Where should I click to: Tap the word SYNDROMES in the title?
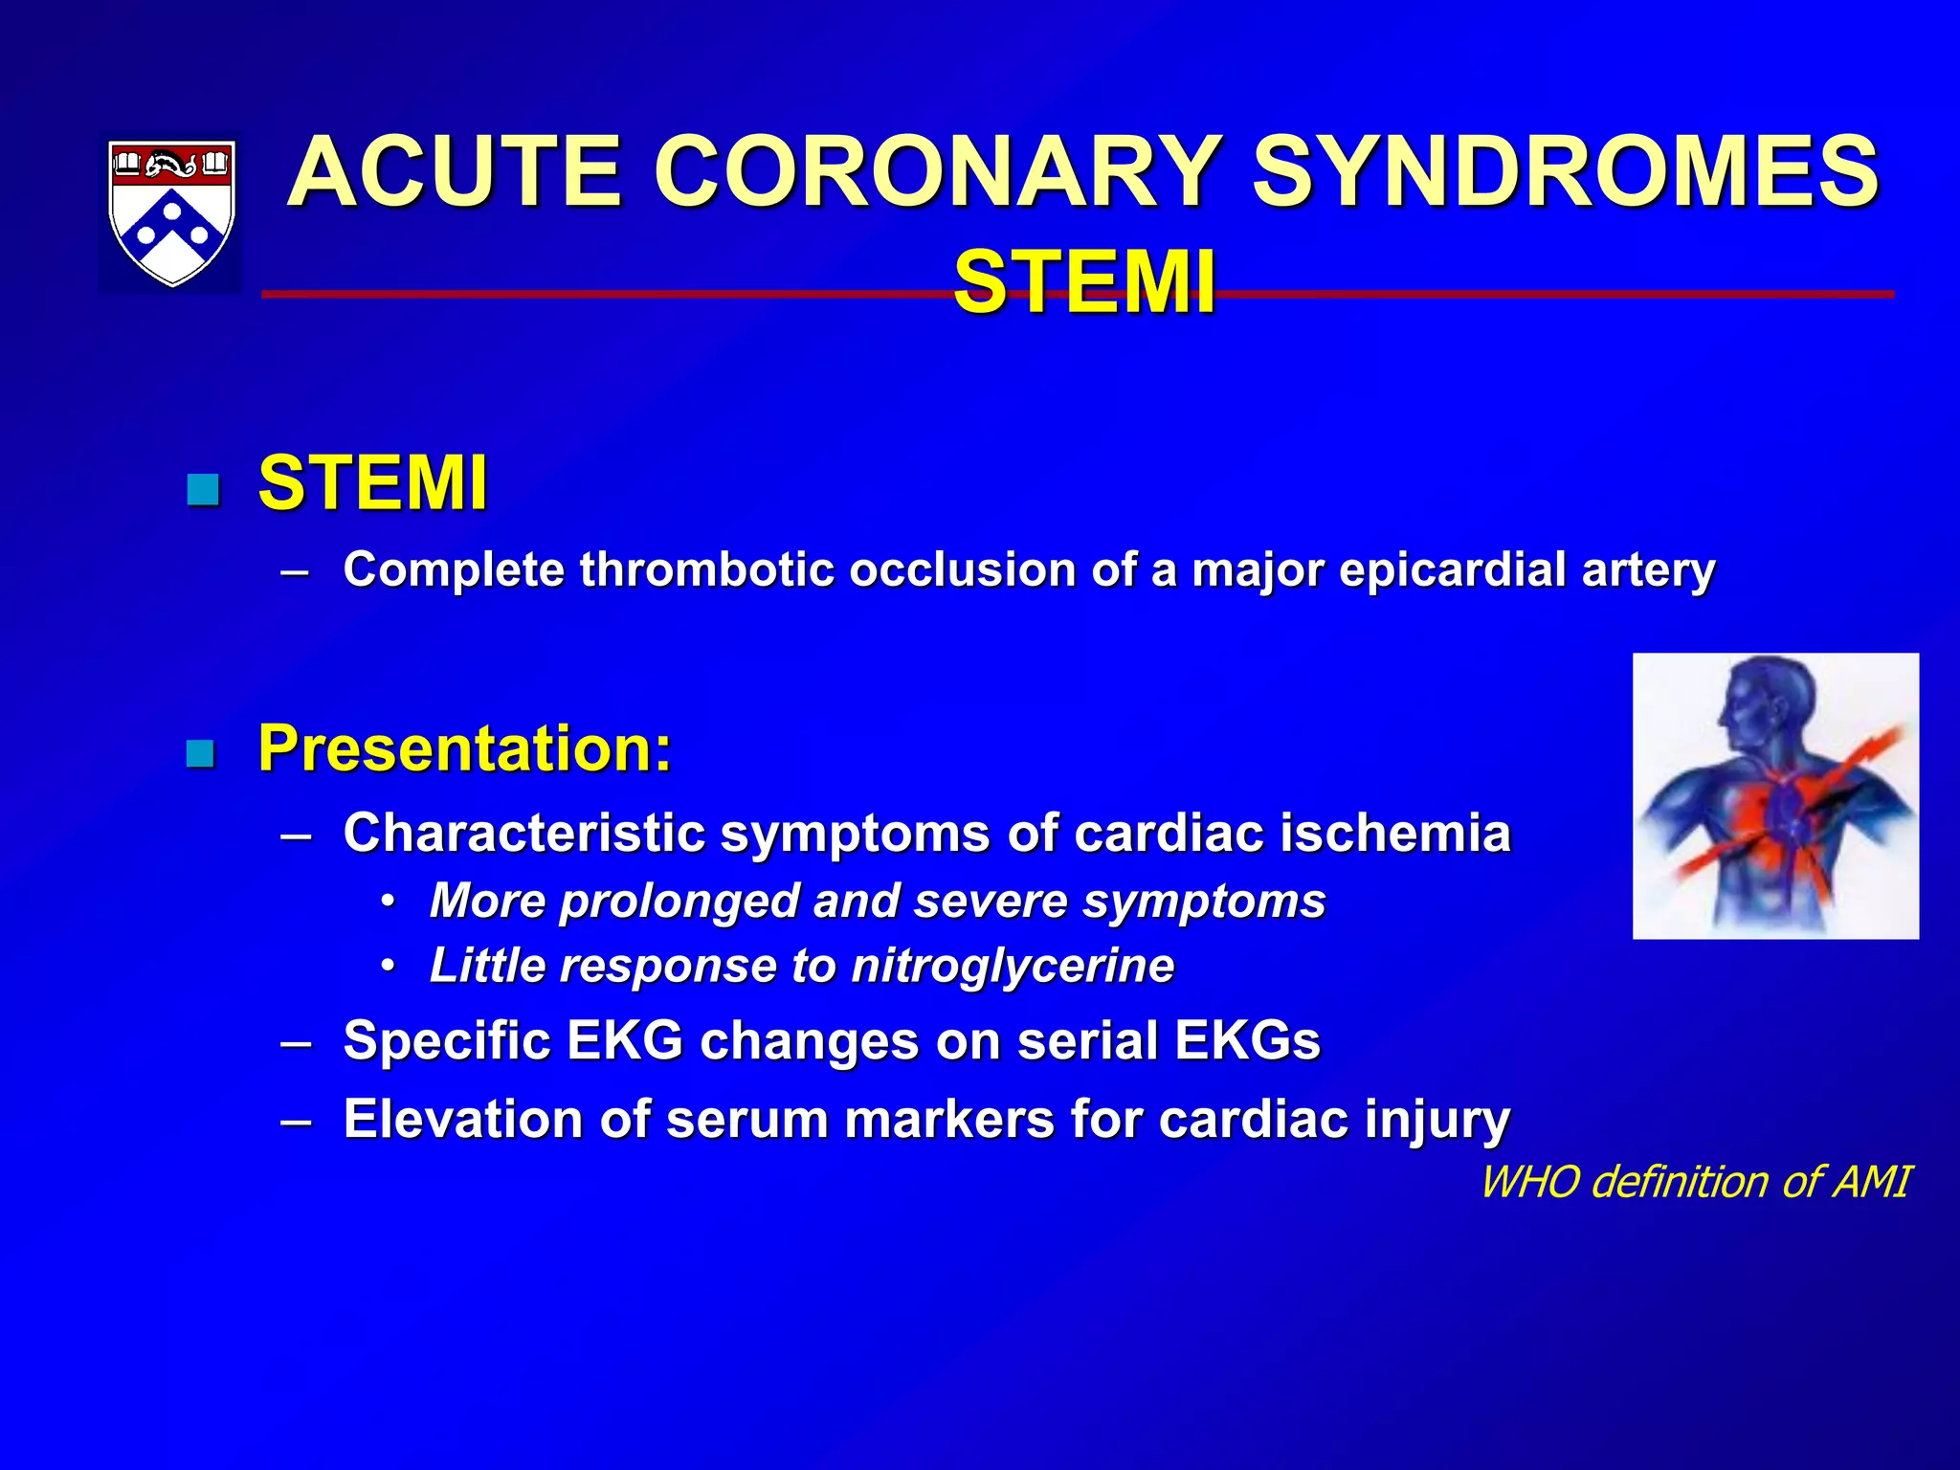click(1566, 172)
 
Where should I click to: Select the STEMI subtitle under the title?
click(1083, 282)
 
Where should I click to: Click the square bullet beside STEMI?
click(203, 490)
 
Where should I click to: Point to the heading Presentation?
click(465, 748)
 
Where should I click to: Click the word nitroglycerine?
click(1013, 966)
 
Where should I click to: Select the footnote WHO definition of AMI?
click(1694, 1182)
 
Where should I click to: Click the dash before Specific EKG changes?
click(296, 1042)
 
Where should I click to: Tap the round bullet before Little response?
click(387, 967)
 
